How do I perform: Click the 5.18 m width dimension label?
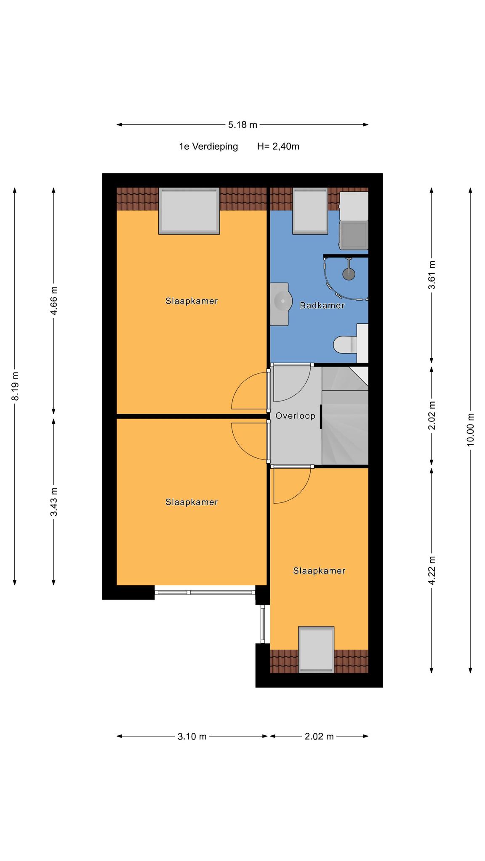click(x=242, y=125)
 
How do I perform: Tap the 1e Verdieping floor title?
click(x=208, y=147)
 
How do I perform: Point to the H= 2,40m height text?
click(x=278, y=147)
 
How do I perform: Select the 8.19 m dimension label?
click(x=15, y=386)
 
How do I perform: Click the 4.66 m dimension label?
click(x=54, y=300)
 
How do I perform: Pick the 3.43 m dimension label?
click(x=54, y=502)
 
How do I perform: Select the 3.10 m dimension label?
click(x=192, y=736)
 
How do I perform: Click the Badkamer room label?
click(x=322, y=306)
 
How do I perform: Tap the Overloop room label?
click(x=295, y=416)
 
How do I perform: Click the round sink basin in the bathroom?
click(x=283, y=301)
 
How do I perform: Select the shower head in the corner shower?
click(x=349, y=274)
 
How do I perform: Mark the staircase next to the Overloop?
click(x=345, y=416)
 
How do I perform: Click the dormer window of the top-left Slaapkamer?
click(x=189, y=211)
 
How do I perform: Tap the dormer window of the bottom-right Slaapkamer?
click(x=316, y=650)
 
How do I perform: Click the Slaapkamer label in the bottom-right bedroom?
click(x=319, y=571)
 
